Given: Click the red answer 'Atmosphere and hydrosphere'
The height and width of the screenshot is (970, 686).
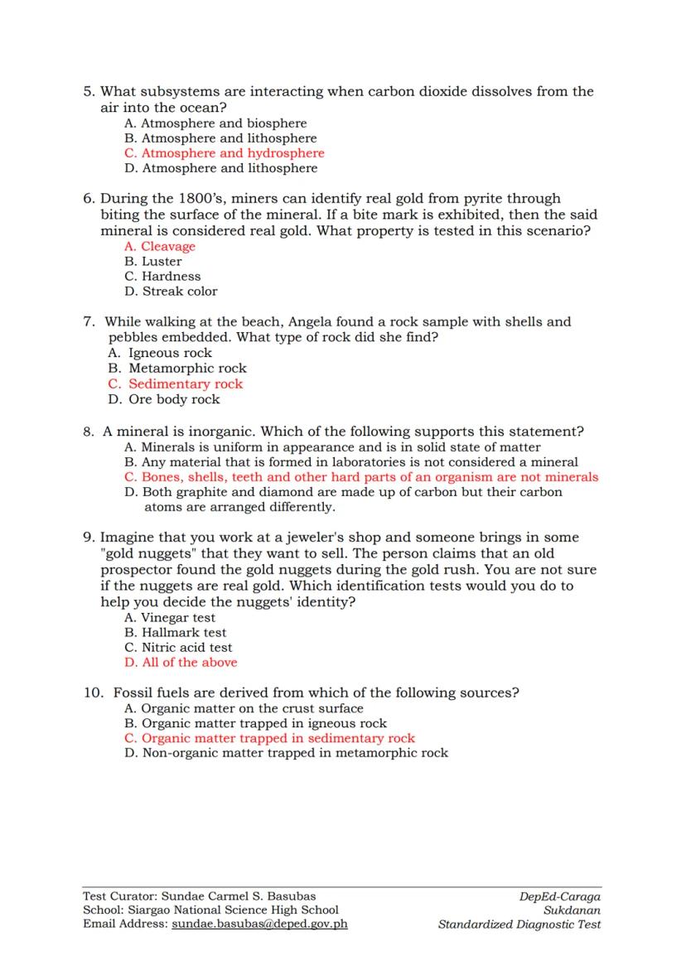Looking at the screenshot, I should coord(225,153).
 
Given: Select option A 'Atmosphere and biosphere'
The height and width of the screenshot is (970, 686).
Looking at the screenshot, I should coord(215,123).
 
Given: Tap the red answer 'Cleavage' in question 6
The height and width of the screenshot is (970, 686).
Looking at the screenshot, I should coord(160,247).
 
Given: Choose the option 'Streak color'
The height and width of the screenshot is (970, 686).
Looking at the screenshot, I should coord(171,292).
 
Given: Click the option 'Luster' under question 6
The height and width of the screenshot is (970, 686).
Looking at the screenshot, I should coord(153,262).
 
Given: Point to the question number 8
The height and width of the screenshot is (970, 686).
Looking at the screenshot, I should coord(88,432).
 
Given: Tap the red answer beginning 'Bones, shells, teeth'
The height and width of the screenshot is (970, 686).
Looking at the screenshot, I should coord(361,477).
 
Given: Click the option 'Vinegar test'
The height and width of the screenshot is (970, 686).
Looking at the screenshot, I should coord(170,618).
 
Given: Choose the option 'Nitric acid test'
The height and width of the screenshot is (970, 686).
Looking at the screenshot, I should coord(178,648).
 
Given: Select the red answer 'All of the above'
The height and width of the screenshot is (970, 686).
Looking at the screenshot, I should coord(181,663).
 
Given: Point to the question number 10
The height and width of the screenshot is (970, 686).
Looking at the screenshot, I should coord(92,693).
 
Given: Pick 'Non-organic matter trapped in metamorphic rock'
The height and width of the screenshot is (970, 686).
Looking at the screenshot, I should coord(286,753).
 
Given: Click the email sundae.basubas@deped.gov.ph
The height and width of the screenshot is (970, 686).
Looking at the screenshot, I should coord(259,924).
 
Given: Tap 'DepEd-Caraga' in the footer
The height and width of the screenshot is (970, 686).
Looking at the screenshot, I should coord(560,896).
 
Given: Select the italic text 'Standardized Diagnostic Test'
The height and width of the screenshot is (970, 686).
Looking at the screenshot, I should coord(519,924).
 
